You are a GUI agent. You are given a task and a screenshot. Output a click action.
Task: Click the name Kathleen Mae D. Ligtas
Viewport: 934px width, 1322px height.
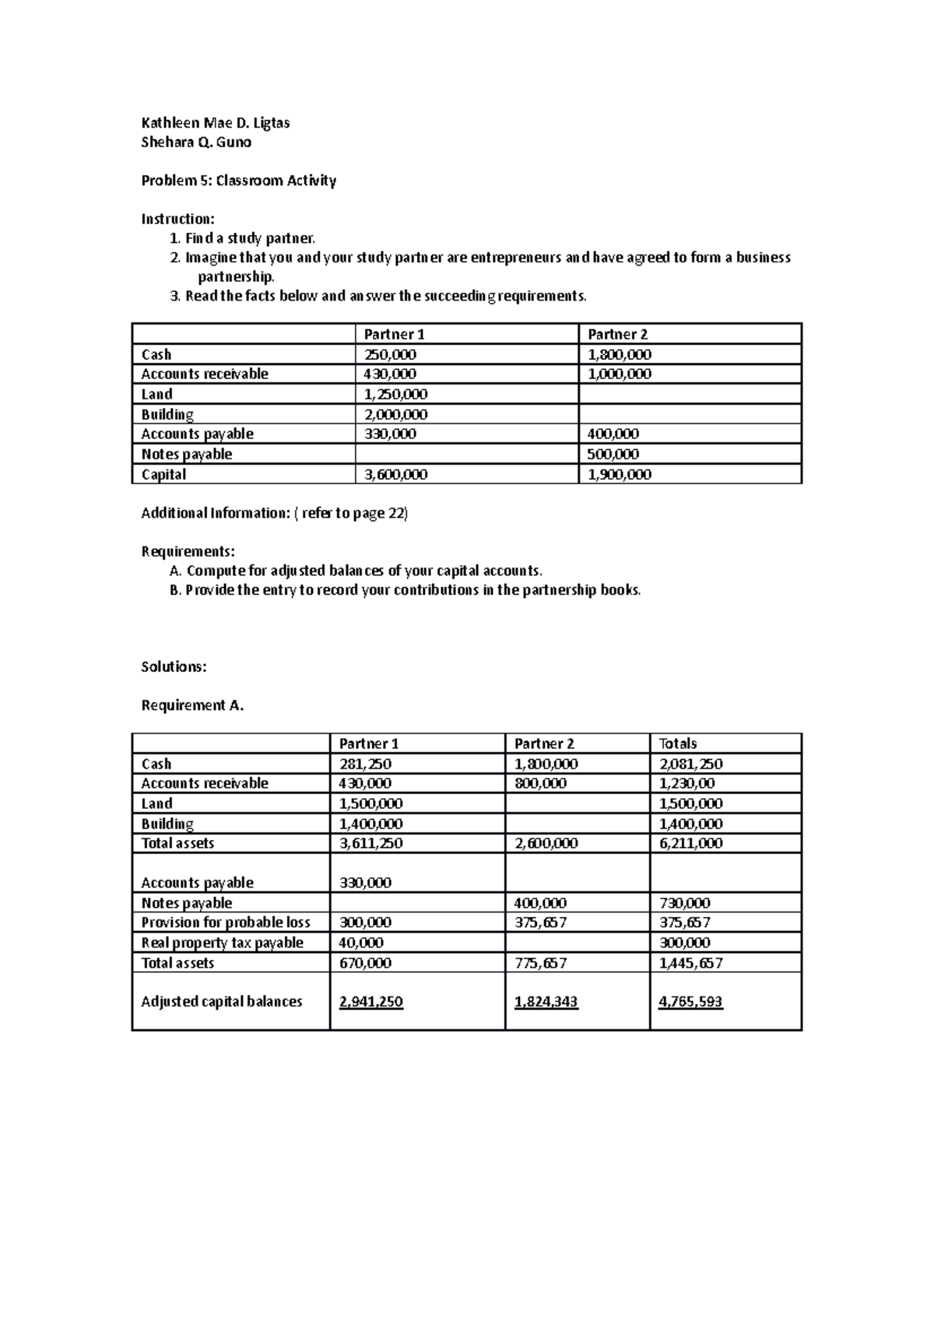click(215, 123)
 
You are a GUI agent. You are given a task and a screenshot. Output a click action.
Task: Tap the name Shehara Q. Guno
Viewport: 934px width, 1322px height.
click(195, 142)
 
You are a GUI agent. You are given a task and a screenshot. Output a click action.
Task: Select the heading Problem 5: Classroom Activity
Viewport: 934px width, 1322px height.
click(238, 181)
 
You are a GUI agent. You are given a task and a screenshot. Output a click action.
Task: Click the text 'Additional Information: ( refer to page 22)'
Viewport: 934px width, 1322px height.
click(274, 513)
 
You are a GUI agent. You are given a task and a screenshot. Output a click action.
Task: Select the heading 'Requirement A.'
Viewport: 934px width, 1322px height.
click(192, 705)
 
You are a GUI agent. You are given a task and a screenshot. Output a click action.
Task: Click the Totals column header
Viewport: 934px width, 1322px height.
click(677, 744)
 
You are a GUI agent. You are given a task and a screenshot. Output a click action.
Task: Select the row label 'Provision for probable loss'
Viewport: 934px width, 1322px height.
click(225, 923)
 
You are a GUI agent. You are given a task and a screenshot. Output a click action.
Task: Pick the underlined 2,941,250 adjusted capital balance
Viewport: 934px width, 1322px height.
click(370, 1002)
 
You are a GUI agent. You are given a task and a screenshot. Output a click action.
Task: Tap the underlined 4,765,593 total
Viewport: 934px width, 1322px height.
click(690, 1002)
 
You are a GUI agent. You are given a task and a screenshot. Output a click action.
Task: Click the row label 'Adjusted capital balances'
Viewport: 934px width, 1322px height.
click(221, 1002)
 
